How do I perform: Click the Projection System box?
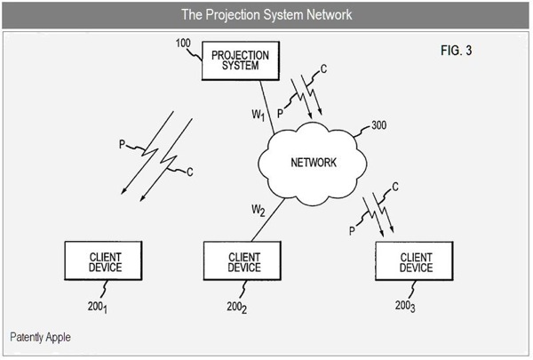[240, 61]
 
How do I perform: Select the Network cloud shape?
[312, 163]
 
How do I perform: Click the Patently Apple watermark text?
[41, 338]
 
